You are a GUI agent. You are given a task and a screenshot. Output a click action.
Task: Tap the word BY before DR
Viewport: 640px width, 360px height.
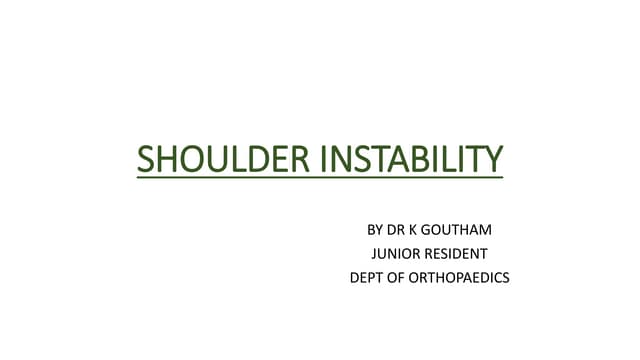[x=377, y=230]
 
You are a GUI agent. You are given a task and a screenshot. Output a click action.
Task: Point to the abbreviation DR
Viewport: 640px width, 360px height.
[x=399, y=230]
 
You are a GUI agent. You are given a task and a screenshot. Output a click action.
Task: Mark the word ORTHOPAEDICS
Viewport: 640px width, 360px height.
[x=460, y=278]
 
